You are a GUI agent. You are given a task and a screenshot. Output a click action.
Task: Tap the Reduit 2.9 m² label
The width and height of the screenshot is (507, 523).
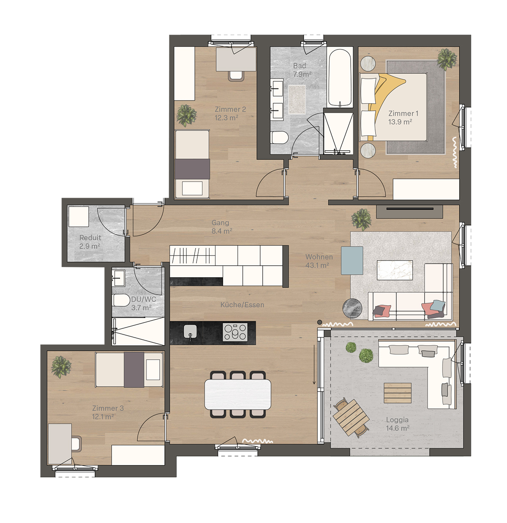[x=90, y=242]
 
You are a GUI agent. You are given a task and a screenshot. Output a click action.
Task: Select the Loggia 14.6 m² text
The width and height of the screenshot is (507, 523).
[x=398, y=424]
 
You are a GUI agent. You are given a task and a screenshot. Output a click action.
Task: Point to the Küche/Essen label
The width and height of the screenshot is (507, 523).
[x=242, y=305]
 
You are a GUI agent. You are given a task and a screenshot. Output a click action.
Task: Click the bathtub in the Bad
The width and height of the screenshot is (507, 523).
[x=340, y=78]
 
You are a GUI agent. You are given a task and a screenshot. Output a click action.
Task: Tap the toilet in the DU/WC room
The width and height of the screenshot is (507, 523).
[x=121, y=300]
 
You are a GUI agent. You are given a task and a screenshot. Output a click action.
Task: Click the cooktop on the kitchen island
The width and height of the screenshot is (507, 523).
[x=235, y=332]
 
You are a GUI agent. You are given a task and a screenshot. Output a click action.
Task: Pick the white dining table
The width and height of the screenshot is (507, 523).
[x=237, y=394]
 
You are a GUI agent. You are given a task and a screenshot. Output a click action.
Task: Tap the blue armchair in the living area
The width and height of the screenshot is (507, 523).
[x=352, y=260]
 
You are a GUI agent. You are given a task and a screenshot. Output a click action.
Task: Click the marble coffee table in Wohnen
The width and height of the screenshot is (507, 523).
[x=395, y=270]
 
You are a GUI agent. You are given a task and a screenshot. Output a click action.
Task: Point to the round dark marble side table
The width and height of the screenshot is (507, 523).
[x=352, y=308]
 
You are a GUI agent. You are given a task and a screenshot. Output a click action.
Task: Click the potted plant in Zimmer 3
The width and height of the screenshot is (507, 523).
[x=61, y=367]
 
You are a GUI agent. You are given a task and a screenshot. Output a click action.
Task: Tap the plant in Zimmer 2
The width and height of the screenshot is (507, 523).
[x=186, y=116]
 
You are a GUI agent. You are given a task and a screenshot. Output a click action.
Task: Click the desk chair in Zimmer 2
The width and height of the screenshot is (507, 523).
[x=236, y=75]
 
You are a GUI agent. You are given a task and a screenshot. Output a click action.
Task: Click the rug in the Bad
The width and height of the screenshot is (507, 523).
[x=297, y=99]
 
